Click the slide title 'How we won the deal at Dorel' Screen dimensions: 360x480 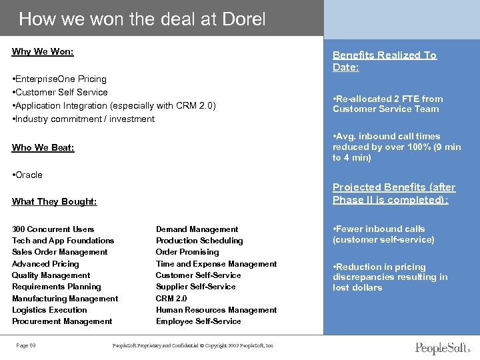coord(142,19)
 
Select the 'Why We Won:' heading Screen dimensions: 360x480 coord(43,51)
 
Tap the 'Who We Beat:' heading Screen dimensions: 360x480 coord(43,147)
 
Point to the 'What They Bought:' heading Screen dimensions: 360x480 coord(54,201)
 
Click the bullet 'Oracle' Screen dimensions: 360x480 coord(29,175)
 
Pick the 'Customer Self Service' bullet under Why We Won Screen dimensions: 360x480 coord(61,92)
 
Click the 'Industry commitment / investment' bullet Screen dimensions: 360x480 coord(85,119)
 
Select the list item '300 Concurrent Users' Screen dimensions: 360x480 coord(53,229)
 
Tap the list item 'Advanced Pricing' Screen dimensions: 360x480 coord(45,264)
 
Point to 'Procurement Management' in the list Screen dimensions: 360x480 coord(62,321)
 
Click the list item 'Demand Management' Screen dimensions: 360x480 coord(197,229)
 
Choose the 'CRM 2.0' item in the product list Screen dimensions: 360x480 coord(171,299)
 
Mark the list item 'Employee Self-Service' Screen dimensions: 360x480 coord(199,321)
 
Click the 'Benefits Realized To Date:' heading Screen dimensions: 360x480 coord(384,61)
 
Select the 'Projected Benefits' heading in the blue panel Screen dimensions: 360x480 coord(393,193)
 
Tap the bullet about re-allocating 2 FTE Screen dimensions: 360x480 coord(387,104)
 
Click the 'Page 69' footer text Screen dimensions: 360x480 coord(27,345)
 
